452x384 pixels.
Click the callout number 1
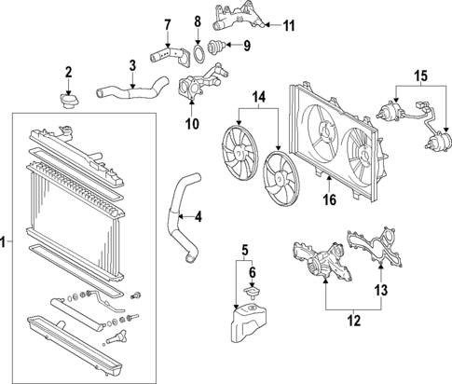point(6,244)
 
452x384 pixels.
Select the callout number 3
point(133,64)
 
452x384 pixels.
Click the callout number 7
point(168,23)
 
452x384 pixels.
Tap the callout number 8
point(198,21)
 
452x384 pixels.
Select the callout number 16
point(329,199)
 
